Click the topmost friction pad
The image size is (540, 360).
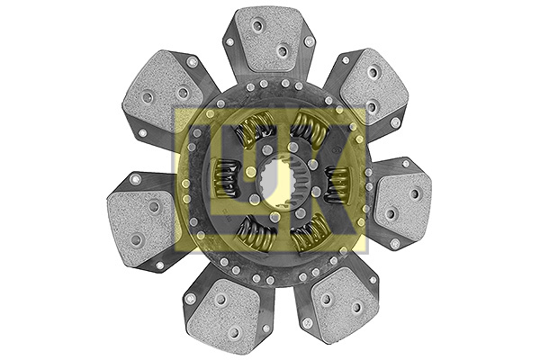[x=267, y=40]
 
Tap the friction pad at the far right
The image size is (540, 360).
[x=402, y=200]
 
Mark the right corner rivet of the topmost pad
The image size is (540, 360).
[x=310, y=41]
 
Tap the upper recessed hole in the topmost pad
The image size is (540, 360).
[x=260, y=28]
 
